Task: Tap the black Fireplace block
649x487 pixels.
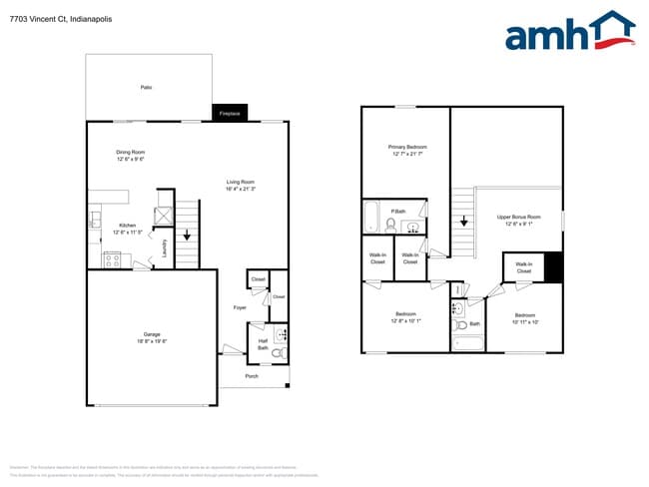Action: click(229, 114)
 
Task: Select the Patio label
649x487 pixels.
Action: click(146, 88)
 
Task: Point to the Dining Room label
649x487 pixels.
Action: click(130, 152)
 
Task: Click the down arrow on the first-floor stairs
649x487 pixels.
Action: click(188, 237)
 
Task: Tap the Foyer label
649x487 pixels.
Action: click(240, 307)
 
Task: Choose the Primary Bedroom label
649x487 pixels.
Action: click(407, 147)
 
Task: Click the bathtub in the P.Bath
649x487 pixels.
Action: click(370, 216)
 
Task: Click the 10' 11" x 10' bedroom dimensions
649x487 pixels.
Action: click(525, 321)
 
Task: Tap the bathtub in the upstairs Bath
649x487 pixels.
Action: click(467, 343)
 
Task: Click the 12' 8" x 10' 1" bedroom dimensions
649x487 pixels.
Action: click(405, 321)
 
